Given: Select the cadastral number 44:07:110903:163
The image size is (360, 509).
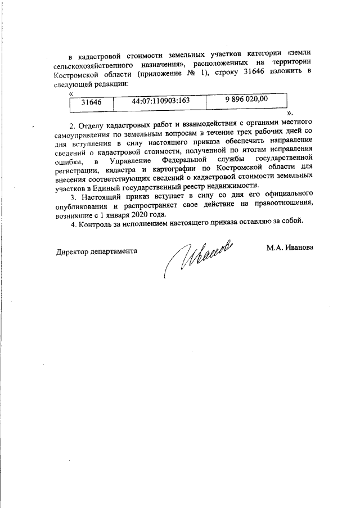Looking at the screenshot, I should (x=160, y=101).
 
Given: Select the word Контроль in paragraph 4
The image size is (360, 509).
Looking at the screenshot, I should (x=97, y=224).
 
